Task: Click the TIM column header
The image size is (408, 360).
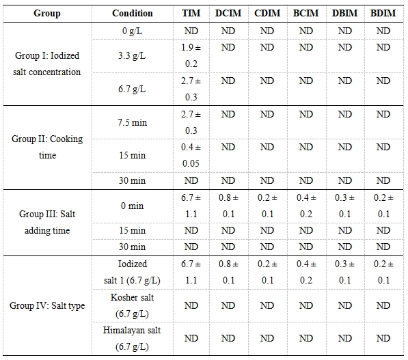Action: tap(191, 13)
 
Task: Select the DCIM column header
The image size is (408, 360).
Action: tap(228, 13)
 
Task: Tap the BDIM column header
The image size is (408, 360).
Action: tap(383, 13)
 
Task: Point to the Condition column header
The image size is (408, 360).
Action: tap(132, 13)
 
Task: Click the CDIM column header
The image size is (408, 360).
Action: tap(267, 13)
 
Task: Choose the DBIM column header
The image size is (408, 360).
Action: tap(344, 13)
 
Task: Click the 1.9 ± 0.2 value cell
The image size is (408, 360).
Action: tap(191, 55)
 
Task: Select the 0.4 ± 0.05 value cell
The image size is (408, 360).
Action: tap(191, 155)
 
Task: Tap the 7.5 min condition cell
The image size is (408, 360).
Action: tap(132, 122)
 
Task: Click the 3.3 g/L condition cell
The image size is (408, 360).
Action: tap(132, 56)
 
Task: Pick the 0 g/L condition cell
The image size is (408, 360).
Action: tap(132, 31)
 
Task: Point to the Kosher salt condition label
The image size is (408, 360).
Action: tap(132, 305)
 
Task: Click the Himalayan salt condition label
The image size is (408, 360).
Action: tap(132, 338)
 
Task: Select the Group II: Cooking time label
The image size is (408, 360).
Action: tap(47, 148)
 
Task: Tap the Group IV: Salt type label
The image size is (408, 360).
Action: tap(47, 305)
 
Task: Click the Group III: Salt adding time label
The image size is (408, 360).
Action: tap(47, 222)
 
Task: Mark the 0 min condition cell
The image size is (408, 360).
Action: tap(132, 206)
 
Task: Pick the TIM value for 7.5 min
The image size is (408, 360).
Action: tap(191, 122)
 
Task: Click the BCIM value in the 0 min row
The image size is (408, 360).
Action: tap(306, 206)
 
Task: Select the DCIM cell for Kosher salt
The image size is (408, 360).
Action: tap(228, 305)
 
